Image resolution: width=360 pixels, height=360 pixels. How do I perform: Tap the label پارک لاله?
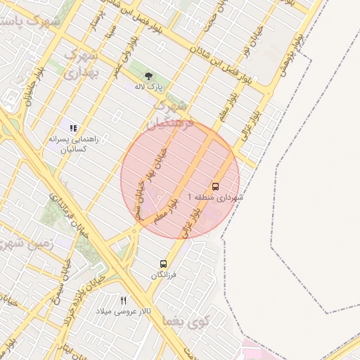(x=148, y=87)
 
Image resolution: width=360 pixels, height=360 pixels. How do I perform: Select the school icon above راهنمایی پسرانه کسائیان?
(x=73, y=128)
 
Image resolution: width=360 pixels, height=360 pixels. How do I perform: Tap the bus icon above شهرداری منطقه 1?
(x=215, y=186)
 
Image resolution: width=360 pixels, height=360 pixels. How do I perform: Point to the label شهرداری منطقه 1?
(x=215, y=198)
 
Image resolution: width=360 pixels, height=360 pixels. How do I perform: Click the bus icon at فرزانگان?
(x=164, y=264)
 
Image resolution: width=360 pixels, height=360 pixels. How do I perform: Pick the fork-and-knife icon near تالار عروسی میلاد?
(x=124, y=300)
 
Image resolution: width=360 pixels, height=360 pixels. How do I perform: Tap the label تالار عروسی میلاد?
(x=124, y=311)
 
